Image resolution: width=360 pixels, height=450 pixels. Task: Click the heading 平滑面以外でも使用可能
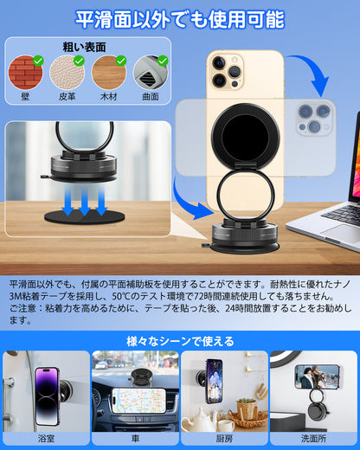(180, 18)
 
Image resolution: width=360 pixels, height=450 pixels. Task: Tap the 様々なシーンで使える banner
(180, 340)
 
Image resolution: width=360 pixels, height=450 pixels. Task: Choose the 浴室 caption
(46, 438)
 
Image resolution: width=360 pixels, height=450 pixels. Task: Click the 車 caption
(135, 438)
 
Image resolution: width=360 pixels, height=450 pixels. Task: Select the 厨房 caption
(224, 438)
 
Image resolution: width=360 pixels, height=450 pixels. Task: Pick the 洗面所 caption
(313, 438)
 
